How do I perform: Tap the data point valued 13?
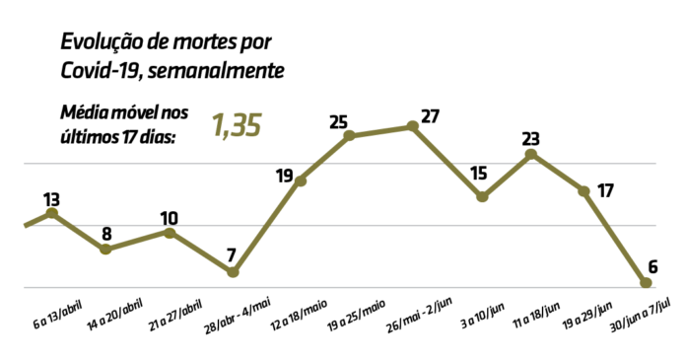pyautogui.click(x=52, y=213)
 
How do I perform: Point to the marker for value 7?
pyautogui.click(x=234, y=272)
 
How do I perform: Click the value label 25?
pyautogui.click(x=339, y=123)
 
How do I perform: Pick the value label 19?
pyautogui.click(x=284, y=177)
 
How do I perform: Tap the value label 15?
pyautogui.click(x=479, y=174)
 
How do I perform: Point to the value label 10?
pyautogui.click(x=170, y=218)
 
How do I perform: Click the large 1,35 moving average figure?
pyautogui.click(x=236, y=126)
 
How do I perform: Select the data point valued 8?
pyautogui.click(x=105, y=250)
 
